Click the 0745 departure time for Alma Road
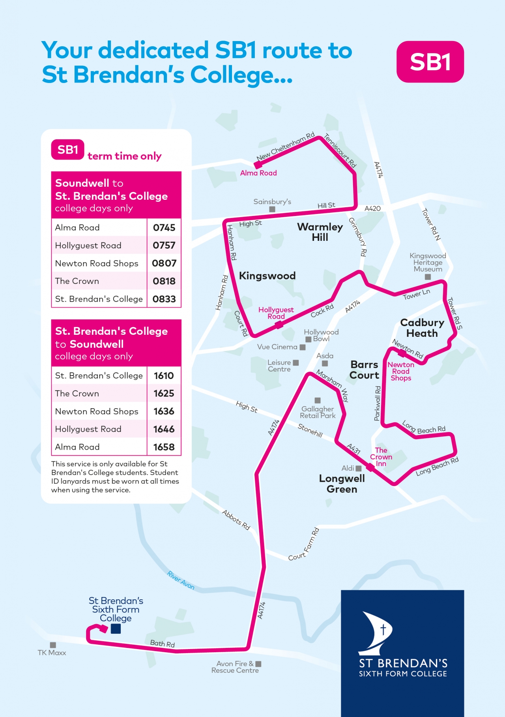tap(164, 228)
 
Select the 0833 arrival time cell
tap(164, 299)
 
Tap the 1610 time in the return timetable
tap(164, 376)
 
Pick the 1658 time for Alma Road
tap(164, 447)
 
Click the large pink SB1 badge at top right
tap(430, 62)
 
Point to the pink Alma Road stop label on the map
tap(258, 173)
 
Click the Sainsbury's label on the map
tap(272, 202)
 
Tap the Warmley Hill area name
tap(320, 232)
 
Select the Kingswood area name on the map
tap(267, 276)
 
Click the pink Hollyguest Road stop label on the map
tap(276, 313)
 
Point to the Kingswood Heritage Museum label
tap(428, 263)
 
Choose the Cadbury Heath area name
tap(422, 328)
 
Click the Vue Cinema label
tap(277, 347)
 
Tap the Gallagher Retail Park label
tap(318, 412)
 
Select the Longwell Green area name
tap(342, 484)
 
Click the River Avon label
tap(181, 580)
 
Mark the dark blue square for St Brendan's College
tap(116, 629)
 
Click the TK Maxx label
tap(52, 653)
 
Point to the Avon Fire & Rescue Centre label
tap(235, 667)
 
